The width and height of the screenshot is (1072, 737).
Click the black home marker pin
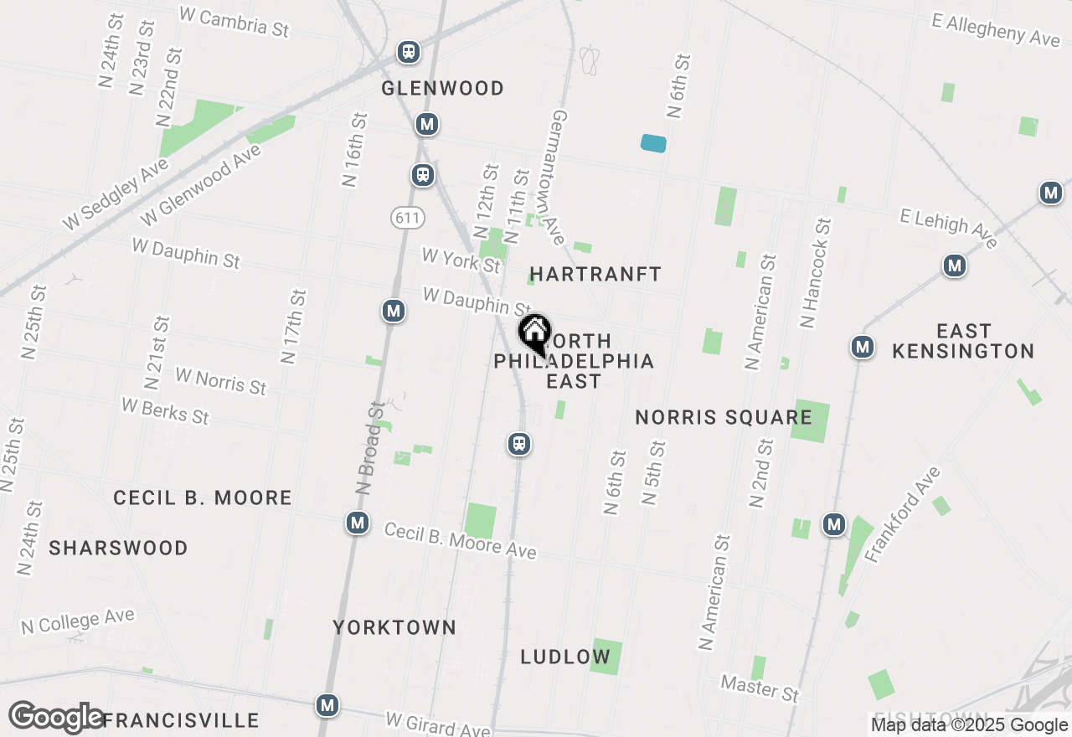pos(534,333)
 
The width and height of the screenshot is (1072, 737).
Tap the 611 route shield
pos(407,218)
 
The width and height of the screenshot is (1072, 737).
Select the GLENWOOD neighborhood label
pos(442,88)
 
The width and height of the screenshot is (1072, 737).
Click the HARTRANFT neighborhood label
pos(595,274)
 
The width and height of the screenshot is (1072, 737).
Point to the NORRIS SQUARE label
pos(724,417)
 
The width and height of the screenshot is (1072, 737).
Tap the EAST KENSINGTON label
pos(963,341)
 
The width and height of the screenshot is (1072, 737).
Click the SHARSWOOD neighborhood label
pos(118,548)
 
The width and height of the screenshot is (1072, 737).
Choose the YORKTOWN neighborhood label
pos(394,627)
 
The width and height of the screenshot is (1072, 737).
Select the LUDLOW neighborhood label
pos(565,657)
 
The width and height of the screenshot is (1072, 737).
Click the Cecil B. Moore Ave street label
pos(460,540)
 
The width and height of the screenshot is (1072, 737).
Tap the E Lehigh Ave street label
pos(949,228)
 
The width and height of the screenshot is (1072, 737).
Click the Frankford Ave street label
pos(904,514)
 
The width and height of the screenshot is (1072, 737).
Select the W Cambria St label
pos(234,21)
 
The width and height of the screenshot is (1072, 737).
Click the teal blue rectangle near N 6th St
pos(653,143)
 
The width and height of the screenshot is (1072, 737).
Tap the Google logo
pos(57,718)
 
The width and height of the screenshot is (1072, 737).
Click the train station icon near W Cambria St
pos(408,52)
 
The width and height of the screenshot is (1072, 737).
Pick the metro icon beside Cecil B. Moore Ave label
pos(358,523)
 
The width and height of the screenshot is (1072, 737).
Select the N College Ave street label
pos(78,622)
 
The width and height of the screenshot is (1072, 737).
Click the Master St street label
pos(760,688)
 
